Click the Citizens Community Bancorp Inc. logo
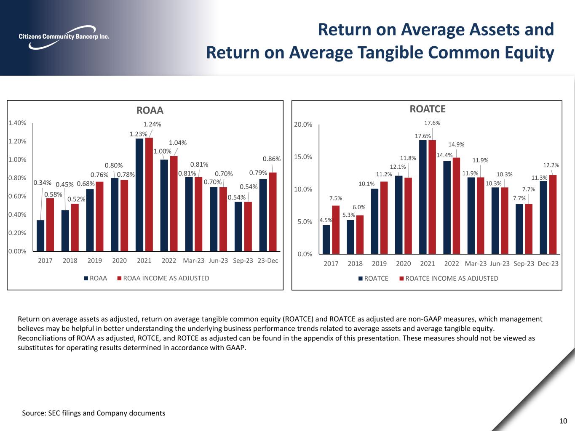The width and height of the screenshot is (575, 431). point(64,37)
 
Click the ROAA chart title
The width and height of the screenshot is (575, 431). point(150,110)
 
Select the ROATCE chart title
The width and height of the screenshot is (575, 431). point(428,109)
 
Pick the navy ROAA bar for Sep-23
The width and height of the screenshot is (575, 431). point(238,226)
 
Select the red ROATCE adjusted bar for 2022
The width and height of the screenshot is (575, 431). point(456,206)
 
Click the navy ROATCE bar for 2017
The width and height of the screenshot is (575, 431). point(326,239)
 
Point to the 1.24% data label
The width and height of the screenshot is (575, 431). point(152,124)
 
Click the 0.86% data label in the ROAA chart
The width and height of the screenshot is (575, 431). point(272,159)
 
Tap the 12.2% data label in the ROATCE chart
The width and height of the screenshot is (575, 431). point(551,165)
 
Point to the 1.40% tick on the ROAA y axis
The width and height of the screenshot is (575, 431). point(17,123)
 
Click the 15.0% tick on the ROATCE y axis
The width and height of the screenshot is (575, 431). point(303,157)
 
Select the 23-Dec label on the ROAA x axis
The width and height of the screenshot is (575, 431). point(267,261)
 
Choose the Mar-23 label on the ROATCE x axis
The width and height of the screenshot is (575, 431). point(476,263)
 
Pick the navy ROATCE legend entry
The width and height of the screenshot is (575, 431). point(374,278)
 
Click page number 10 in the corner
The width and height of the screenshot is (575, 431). point(563,421)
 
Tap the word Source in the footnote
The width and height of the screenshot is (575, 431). point(33,413)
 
